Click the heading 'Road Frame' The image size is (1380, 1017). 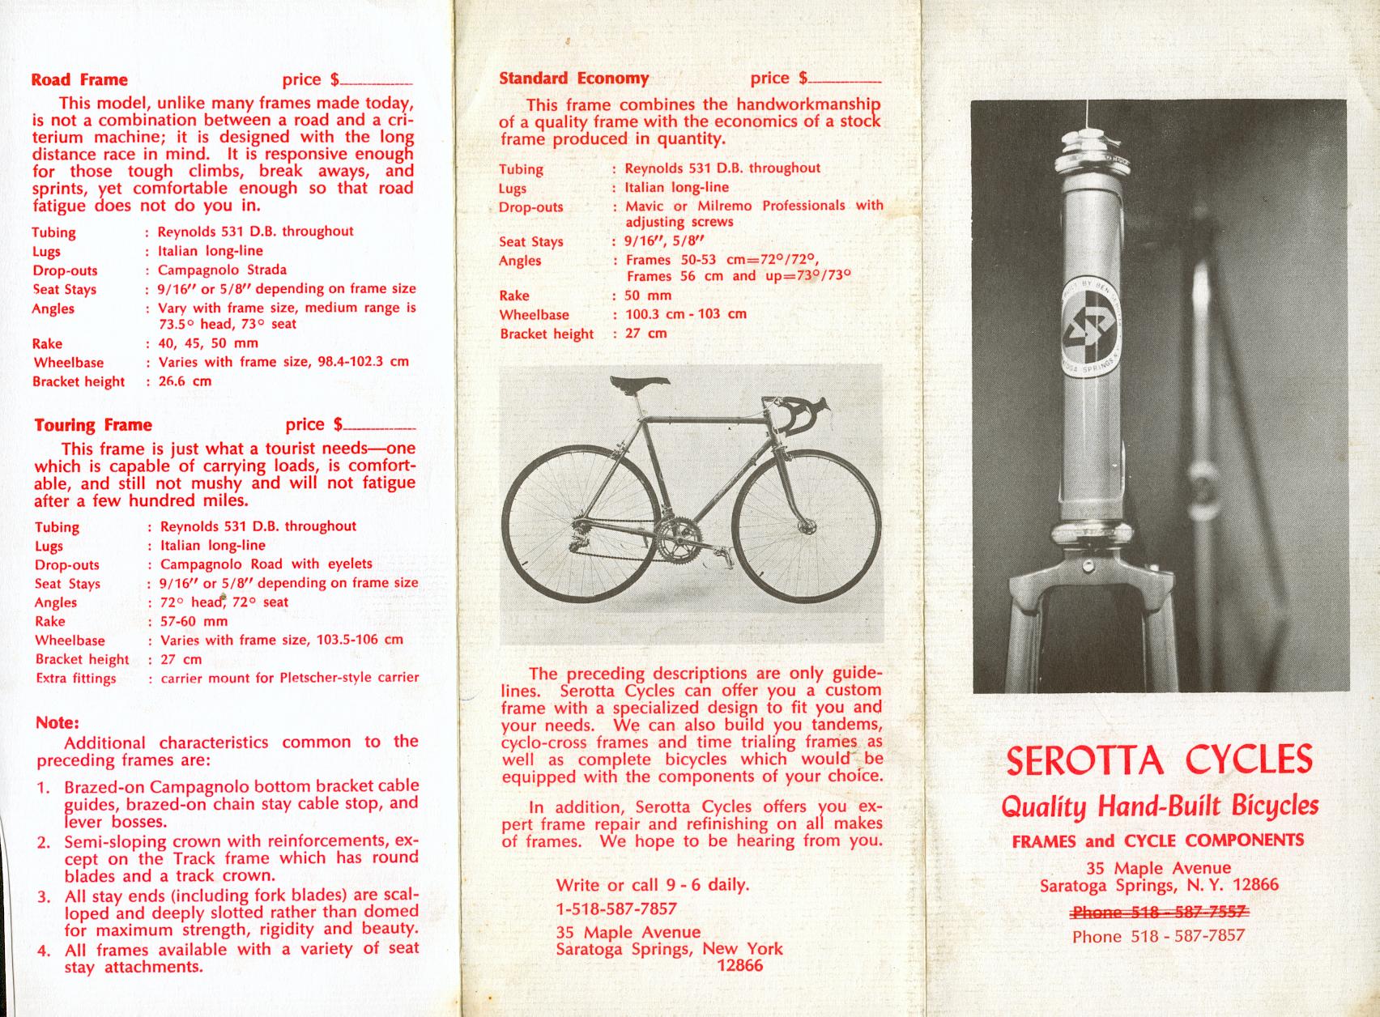tap(79, 79)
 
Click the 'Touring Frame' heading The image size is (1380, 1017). tap(93, 425)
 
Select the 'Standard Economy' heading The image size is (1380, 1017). tap(573, 79)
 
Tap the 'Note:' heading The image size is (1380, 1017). tap(57, 722)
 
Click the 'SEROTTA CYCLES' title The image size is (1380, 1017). tap(1159, 760)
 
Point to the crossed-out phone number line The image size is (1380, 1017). tap(1158, 912)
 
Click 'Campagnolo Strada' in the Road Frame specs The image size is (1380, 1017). tap(222, 270)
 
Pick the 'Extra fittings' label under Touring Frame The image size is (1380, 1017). tap(75, 679)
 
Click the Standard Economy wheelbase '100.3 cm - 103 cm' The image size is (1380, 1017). tap(686, 314)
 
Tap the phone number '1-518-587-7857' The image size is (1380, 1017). tap(616, 908)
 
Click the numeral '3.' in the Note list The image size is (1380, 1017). tap(45, 896)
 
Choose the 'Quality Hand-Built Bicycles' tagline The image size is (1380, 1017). tap(1160, 806)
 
